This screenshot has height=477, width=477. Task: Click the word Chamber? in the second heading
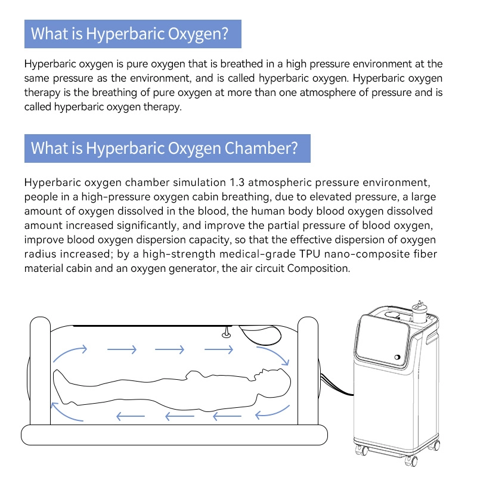point(261,148)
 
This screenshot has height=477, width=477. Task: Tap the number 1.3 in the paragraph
point(237,182)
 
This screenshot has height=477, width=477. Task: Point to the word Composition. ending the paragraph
point(318,269)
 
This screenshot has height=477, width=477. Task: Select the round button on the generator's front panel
point(397,357)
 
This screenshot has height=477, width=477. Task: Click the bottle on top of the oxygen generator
point(419,311)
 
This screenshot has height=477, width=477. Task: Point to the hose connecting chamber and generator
point(336,385)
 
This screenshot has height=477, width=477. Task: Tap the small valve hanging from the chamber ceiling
point(226,332)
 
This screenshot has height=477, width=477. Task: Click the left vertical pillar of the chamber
point(40,370)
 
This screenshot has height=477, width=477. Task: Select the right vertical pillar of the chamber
point(308,370)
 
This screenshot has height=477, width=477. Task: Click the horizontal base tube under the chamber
point(174,435)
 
